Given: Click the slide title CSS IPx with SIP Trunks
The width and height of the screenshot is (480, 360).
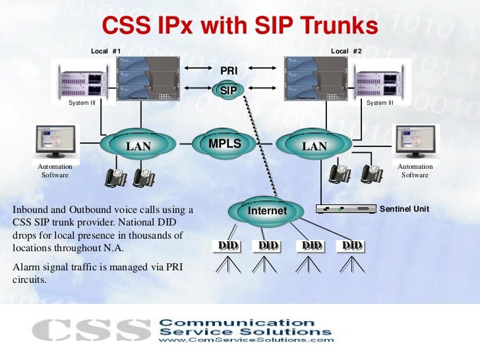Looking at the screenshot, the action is pyautogui.click(x=239, y=26).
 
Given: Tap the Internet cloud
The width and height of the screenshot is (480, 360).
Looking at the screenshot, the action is pyautogui.click(x=267, y=211).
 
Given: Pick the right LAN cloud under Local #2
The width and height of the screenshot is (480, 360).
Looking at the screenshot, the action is pyautogui.click(x=314, y=146).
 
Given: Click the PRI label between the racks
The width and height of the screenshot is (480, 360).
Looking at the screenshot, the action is pyautogui.click(x=228, y=70).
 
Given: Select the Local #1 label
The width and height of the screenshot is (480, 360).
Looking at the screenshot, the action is pyautogui.click(x=105, y=51).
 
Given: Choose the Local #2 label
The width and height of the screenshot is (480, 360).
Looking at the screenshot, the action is pyautogui.click(x=346, y=51).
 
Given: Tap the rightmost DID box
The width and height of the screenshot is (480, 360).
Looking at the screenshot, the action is pyautogui.click(x=351, y=246).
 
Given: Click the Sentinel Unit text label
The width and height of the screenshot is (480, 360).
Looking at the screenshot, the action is pyautogui.click(x=405, y=209).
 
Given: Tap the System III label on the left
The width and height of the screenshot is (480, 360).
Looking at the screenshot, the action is pyautogui.click(x=82, y=103).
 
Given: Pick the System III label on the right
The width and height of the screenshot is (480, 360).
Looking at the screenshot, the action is pyautogui.click(x=380, y=103).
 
